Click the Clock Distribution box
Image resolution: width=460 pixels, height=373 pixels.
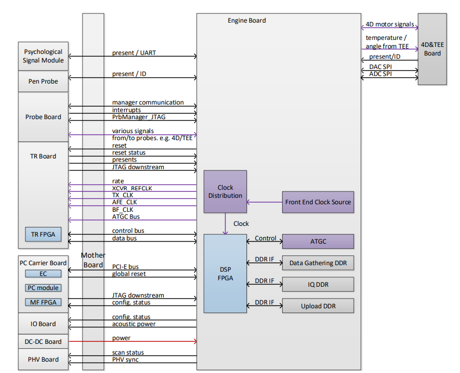point(225,191)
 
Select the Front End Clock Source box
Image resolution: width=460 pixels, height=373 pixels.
point(318,202)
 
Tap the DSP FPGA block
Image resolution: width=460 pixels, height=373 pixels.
point(225,273)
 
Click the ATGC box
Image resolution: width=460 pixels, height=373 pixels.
point(318,241)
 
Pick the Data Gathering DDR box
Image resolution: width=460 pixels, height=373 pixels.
point(318,263)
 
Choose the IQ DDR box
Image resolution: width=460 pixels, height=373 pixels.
point(318,284)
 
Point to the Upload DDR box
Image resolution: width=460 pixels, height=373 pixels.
point(318,306)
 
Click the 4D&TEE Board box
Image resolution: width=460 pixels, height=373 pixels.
point(432,49)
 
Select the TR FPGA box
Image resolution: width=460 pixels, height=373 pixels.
point(43,234)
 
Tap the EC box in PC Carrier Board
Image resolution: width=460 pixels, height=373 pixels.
point(43,274)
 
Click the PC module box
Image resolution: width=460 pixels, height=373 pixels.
point(43,288)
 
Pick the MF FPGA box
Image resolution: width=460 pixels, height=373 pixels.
point(43,302)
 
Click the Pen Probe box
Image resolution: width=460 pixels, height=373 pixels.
point(43,81)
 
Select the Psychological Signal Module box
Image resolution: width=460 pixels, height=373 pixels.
point(43,56)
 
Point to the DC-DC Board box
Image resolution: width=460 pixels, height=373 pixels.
point(43,342)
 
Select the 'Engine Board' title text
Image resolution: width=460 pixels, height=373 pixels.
point(247,20)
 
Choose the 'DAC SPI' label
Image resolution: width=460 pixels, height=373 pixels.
point(380,66)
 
